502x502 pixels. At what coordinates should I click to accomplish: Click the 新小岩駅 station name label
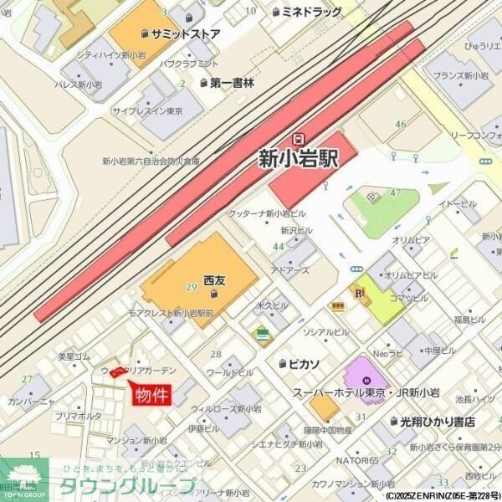(299, 157)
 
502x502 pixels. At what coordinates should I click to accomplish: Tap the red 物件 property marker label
(152, 395)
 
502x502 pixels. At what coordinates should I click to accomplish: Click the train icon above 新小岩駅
(299, 137)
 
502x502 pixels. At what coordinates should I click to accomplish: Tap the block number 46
(401, 124)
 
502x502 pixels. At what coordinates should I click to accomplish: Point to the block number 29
(191, 288)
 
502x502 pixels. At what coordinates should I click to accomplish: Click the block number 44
(278, 247)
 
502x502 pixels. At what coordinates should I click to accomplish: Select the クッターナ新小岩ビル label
(269, 214)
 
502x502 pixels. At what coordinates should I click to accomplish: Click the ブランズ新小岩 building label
(459, 76)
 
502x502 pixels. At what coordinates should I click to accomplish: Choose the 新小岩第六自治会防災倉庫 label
(151, 161)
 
